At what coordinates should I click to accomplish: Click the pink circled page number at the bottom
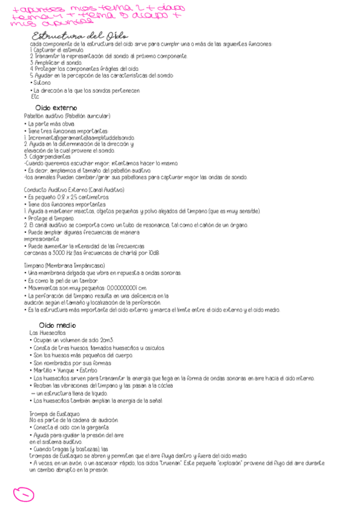pos(23,494)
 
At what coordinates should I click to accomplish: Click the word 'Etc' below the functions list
pos(34,96)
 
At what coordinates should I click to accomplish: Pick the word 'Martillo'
pos(43,370)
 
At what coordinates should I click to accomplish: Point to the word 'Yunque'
pos(69,370)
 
